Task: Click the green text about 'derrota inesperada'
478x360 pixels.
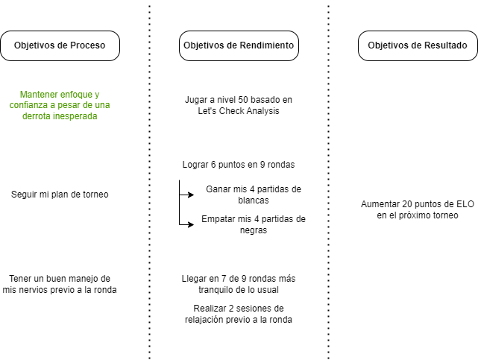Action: pos(60,105)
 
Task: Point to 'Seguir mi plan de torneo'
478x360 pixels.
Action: pos(60,195)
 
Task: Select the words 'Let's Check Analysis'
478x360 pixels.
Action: pos(239,110)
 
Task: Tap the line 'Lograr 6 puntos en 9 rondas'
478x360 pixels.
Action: pos(239,165)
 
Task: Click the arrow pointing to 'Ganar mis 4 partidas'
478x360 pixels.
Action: pos(186,195)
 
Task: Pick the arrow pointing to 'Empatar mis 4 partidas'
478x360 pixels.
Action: pos(186,224)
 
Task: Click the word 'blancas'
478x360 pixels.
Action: pos(254,200)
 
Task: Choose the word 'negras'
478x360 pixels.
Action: pos(254,230)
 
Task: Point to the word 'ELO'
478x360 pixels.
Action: pos(465,204)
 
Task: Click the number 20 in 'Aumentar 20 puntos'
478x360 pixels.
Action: pos(407,204)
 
